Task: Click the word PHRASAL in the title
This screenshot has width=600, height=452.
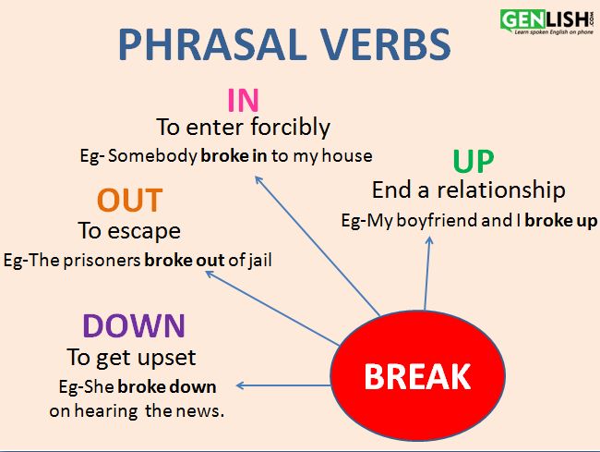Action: coord(213,44)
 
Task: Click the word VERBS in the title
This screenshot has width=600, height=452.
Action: coord(385,44)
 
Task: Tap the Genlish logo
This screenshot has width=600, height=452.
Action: coord(547,22)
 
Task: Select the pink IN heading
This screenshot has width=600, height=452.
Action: coord(244,100)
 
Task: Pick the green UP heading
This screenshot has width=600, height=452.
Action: coord(474,161)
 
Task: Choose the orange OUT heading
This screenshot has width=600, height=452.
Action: coord(130,200)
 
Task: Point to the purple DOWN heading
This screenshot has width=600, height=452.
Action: coord(134,325)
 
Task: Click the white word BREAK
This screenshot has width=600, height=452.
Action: coord(417,376)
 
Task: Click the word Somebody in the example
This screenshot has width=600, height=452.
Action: coord(152,156)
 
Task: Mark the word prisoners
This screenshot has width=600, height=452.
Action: coord(102,261)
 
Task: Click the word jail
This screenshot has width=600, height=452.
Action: coord(259,261)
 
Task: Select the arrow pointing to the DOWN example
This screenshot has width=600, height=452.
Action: coord(283,385)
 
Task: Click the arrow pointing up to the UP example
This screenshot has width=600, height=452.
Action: coord(427,273)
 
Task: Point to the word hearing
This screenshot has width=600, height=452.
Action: coord(106,411)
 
